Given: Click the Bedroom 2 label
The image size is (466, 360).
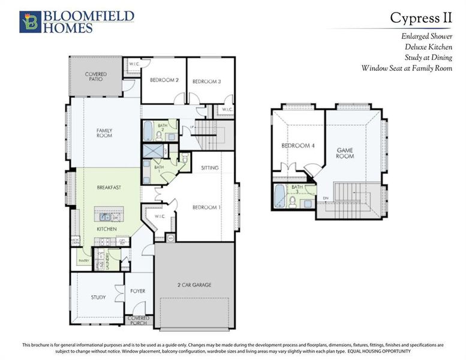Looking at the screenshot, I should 164,80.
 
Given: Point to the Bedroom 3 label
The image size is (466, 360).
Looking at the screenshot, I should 206,81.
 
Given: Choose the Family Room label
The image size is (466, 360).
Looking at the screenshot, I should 104,133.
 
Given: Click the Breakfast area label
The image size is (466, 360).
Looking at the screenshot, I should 109,188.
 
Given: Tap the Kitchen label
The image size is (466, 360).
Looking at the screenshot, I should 107,229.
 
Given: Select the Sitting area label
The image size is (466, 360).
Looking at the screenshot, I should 209,168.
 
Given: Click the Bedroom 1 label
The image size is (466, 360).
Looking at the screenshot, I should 206,207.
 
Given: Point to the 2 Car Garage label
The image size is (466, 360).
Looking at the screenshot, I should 194,284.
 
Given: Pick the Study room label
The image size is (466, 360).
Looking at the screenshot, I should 98,297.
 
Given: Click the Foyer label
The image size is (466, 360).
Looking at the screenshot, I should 138,291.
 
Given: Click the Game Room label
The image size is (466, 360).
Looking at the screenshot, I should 345,153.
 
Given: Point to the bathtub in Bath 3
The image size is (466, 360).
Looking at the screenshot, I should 280,195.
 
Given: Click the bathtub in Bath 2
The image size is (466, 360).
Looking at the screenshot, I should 148,130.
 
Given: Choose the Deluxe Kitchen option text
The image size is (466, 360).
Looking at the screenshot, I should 428,47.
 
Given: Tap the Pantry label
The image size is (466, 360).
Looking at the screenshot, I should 83,261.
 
